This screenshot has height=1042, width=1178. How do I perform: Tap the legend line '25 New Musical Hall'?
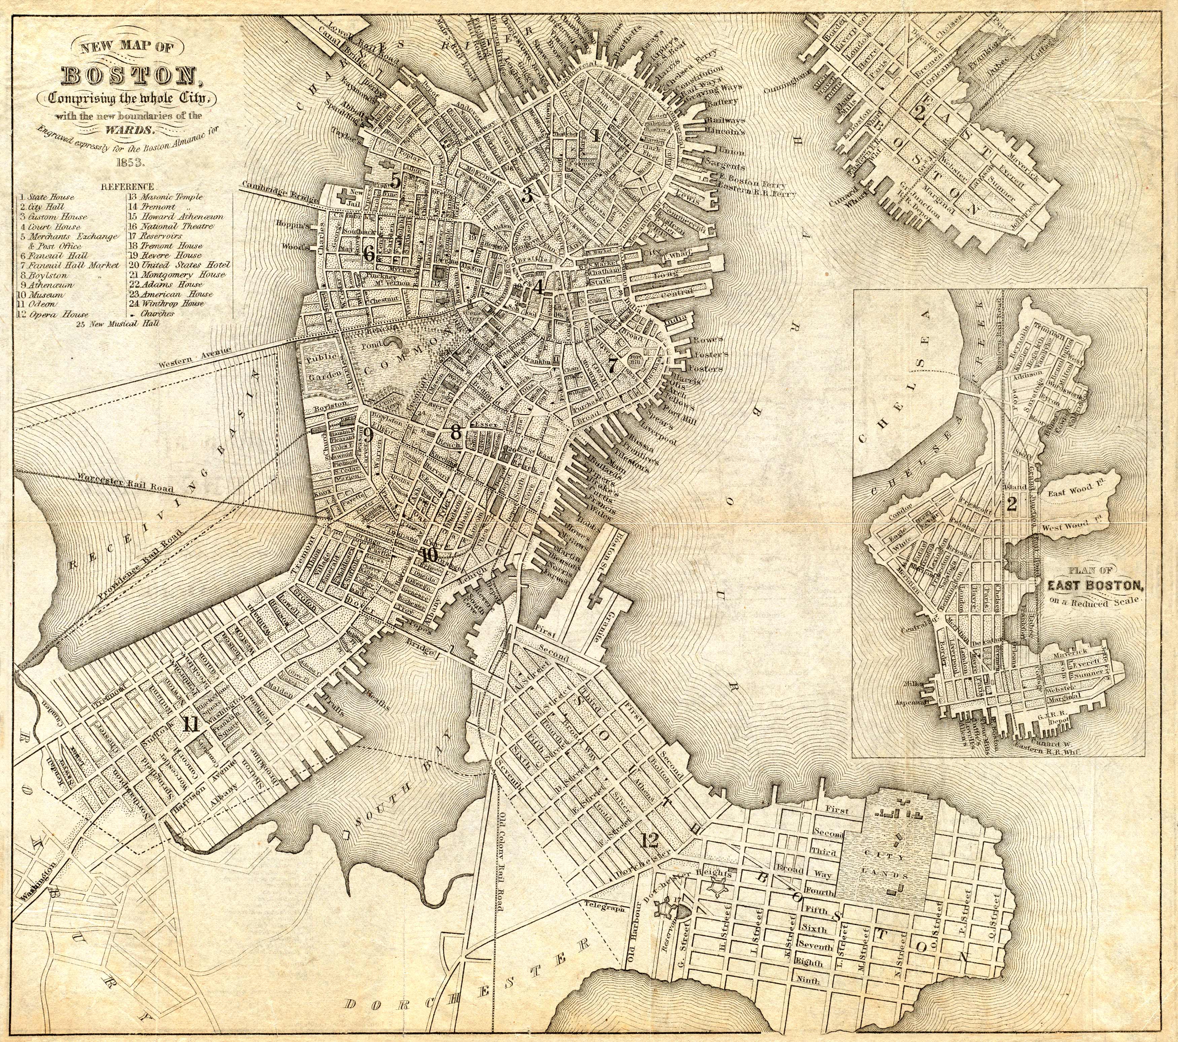tap(117, 324)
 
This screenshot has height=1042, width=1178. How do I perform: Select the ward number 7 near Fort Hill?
tap(612, 364)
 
